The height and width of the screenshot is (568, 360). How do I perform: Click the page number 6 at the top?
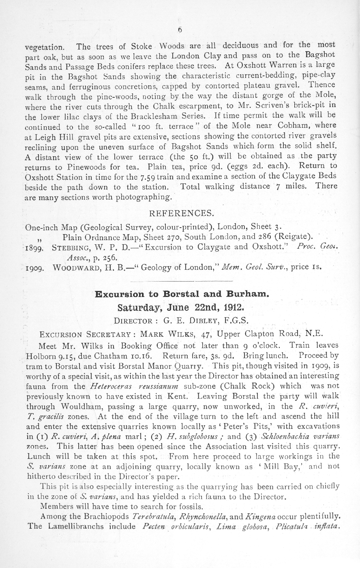coord(180,30)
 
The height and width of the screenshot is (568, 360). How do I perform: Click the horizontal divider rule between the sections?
coord(180,281)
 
